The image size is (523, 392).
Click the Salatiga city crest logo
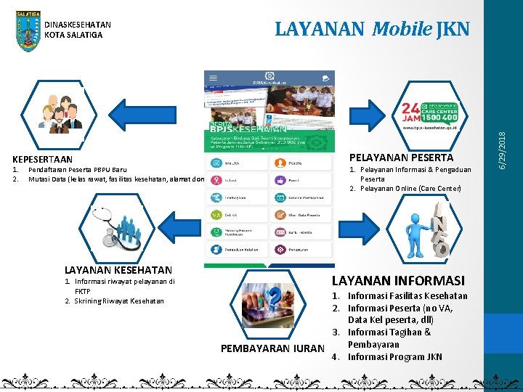click(x=28, y=31)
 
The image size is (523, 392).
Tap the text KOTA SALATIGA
click(x=73, y=35)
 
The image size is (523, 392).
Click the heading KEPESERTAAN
click(x=43, y=159)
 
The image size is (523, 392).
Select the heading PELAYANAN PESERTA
click(x=401, y=158)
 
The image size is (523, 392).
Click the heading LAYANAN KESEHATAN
click(x=118, y=270)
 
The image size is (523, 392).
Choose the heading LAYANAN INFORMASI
click(x=398, y=280)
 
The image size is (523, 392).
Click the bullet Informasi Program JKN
click(x=394, y=356)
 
